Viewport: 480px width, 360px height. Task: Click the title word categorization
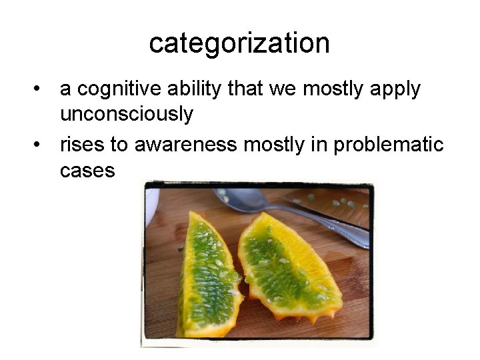pyautogui.click(x=239, y=43)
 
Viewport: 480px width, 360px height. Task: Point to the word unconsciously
pyautogui.click(x=127, y=114)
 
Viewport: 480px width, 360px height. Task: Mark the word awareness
pyautogui.click(x=186, y=144)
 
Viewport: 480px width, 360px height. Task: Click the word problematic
pyautogui.click(x=389, y=144)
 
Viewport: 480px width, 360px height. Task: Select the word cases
pyautogui.click(x=87, y=170)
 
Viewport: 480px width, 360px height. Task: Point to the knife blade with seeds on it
pyautogui.click(x=333, y=203)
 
